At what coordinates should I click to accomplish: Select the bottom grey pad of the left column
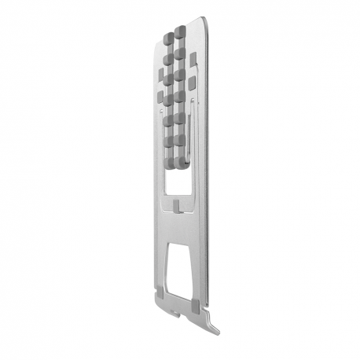pos(168,160)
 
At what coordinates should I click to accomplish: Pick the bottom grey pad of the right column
pos(180,157)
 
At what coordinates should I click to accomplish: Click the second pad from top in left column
pos(168,59)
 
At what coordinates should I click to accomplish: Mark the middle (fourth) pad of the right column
pos(180,96)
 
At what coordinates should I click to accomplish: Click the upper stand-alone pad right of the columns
pos(193,56)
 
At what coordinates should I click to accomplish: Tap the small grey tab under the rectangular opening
pos(178,206)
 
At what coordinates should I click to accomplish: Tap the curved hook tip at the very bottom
pos(216,328)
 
